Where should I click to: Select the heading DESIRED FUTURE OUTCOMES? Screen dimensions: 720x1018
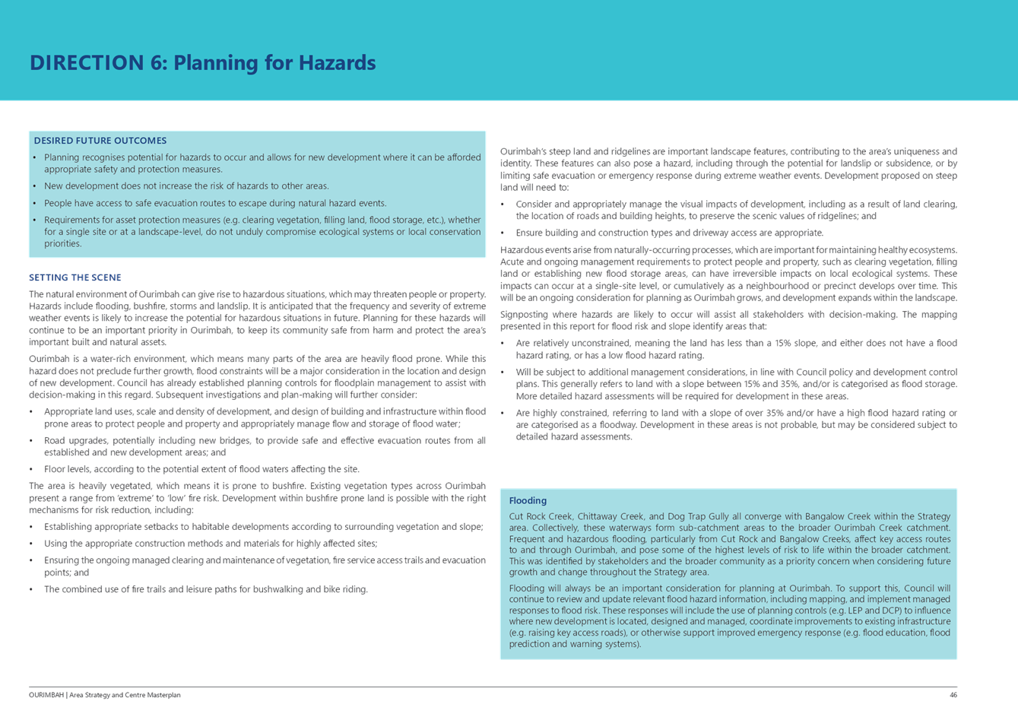click(x=100, y=141)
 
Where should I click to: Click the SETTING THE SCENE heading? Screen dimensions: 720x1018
click(x=75, y=278)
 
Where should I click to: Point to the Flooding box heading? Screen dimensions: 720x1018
click(x=528, y=501)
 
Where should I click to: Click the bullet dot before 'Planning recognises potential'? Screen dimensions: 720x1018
click(x=35, y=158)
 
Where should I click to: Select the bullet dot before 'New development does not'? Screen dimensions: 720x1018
click(x=35, y=186)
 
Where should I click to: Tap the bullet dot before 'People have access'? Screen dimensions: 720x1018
click(x=35, y=204)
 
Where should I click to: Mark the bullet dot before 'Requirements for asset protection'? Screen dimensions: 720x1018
click(x=35, y=220)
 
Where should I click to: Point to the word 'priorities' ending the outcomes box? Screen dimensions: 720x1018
click(x=62, y=244)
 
